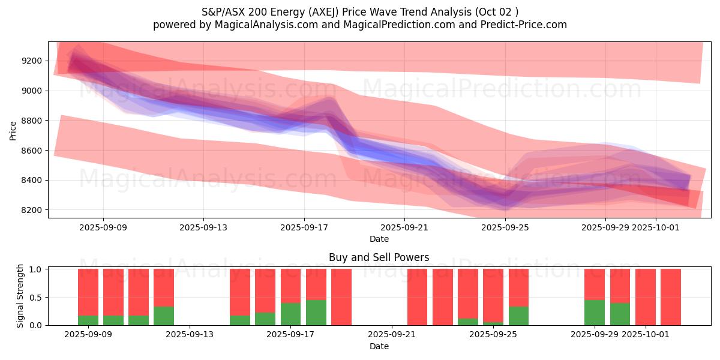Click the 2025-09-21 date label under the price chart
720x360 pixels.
(x=404, y=227)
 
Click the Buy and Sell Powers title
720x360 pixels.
(x=379, y=257)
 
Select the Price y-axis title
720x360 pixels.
(x=13, y=130)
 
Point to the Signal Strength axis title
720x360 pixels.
(x=20, y=296)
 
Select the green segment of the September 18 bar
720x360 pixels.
(x=316, y=313)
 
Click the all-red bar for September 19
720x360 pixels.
(x=341, y=297)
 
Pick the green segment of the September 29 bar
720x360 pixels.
(x=595, y=313)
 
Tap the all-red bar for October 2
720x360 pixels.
(x=671, y=297)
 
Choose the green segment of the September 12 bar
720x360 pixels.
(x=164, y=316)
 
